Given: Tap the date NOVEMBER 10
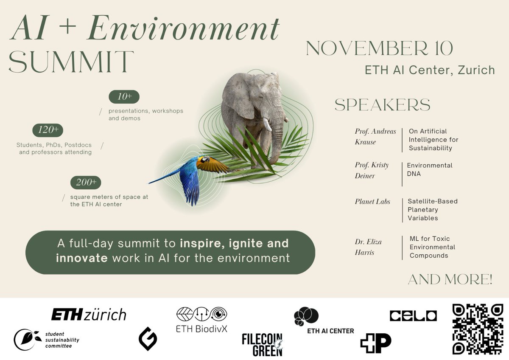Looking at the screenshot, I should click(379, 49).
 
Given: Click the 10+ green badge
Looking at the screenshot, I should click(124, 97).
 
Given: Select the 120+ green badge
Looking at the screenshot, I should click(48, 130).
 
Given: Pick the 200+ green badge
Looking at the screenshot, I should click(86, 183).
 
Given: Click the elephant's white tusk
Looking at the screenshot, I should click(267, 124).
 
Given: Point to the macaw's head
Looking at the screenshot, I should click(205, 160).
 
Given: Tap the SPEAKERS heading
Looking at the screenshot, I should click(382, 105).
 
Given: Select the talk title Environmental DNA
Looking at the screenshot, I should click(430, 169).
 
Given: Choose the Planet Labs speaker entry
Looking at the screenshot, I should click(372, 201).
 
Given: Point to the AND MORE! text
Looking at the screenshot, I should click(450, 279).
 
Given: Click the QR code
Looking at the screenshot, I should click(478, 329).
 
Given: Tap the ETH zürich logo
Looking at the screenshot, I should click(89, 315).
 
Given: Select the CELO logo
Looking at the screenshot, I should click(413, 315).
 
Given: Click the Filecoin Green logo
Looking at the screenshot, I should click(262, 345).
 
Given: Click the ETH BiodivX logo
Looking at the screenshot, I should click(201, 319).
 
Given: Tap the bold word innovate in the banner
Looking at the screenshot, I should click(82, 257).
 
